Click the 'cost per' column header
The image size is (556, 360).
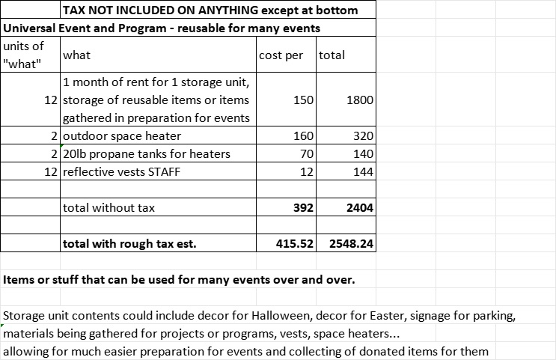tap(281, 55)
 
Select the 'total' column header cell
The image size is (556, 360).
tap(332, 55)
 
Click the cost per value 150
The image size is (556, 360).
tap(304, 100)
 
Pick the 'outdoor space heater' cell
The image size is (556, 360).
tap(122, 136)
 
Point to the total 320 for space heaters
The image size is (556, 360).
tap(363, 136)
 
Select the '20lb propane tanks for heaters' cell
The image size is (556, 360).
tap(147, 154)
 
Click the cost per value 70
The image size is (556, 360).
tap(307, 154)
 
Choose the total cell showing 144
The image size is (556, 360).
tap(363, 172)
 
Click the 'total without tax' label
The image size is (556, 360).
tap(109, 208)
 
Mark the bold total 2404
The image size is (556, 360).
tap(360, 208)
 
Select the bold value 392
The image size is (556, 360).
tap(303, 208)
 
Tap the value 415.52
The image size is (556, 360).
tap(294, 244)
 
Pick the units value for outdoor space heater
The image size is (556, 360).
tap(55, 136)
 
